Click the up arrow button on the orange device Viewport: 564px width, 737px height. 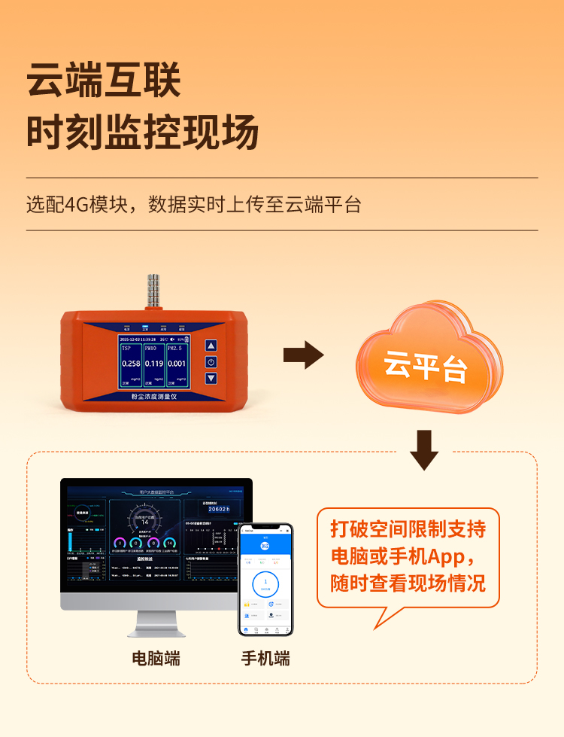[211, 346]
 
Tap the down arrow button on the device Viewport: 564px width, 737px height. [211, 377]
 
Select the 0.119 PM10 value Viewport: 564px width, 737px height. [153, 364]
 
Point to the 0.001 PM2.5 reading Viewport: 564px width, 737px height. [177, 364]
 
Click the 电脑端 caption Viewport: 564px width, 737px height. [156, 658]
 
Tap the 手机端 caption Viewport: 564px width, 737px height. [265, 658]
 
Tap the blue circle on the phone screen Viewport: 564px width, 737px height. [265, 583]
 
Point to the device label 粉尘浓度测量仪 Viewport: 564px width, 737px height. [154, 395]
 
